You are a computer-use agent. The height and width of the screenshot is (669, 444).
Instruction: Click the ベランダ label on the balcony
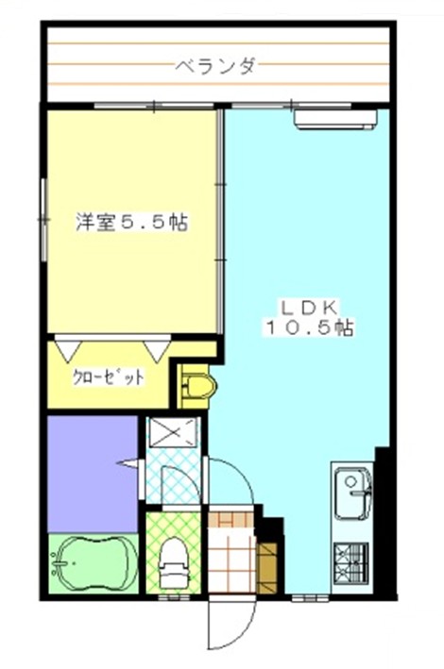tap(216, 66)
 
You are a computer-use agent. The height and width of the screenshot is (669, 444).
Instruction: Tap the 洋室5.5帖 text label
tap(131, 223)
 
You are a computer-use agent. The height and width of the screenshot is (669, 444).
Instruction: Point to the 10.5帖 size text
tap(310, 327)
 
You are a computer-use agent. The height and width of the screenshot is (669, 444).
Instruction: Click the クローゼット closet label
tap(108, 377)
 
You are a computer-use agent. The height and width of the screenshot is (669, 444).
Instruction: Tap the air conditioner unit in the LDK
tap(336, 119)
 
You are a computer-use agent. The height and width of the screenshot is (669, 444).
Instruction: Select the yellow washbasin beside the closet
tap(197, 386)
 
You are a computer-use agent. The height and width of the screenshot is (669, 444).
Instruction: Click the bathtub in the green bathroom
tap(94, 563)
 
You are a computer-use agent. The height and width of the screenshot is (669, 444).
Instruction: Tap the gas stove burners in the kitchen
tap(350, 562)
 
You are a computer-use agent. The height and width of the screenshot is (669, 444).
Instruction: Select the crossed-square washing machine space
tap(173, 432)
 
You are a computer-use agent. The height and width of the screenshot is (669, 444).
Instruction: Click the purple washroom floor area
tap(92, 474)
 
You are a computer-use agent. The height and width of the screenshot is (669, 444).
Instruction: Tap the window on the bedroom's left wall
tap(43, 220)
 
